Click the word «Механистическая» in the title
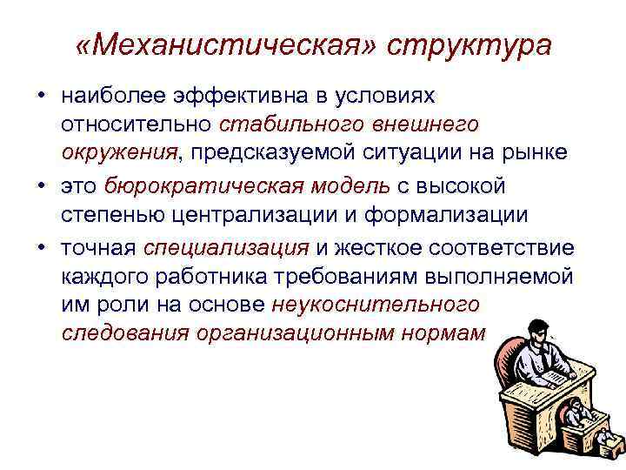pos(223,45)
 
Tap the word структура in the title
pos(469,45)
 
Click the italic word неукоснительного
pos(376,305)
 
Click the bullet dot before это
pos(42,185)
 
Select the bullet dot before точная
pos(42,246)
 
